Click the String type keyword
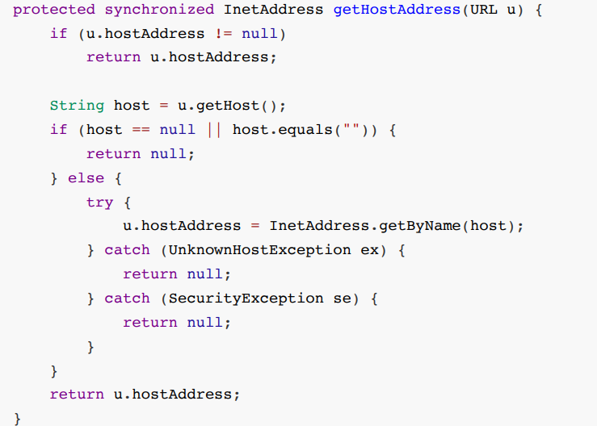tap(77, 106)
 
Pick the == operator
tap(141, 130)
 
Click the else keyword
tap(86, 178)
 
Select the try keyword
tap(99, 202)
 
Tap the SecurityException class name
tap(246, 299)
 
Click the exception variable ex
tap(369, 250)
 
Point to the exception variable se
tap(342, 299)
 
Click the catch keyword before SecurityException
tap(127, 299)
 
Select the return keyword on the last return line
tap(77, 395)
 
